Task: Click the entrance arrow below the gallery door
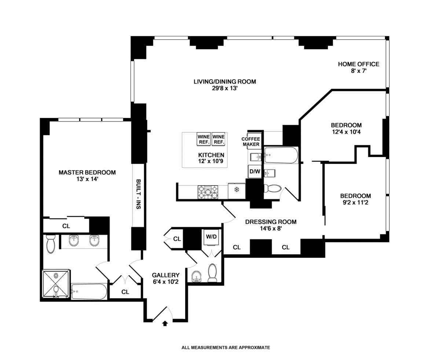pyautogui.click(x=165, y=323)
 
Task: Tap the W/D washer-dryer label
pyautogui.click(x=211, y=237)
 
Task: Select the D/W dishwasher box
pyautogui.click(x=255, y=172)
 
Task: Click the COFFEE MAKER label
pyautogui.click(x=251, y=142)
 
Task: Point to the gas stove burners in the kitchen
pyautogui.click(x=208, y=192)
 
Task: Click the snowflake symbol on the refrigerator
pyautogui.click(x=236, y=190)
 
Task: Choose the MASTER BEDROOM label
pyautogui.click(x=87, y=173)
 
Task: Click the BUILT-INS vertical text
pyautogui.click(x=138, y=194)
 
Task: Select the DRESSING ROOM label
pyautogui.click(x=271, y=222)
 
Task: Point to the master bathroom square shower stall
pyautogui.click(x=56, y=283)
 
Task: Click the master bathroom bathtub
pyautogui.click(x=89, y=291)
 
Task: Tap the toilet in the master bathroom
pyautogui.click(x=51, y=244)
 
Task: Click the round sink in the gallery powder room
pyautogui.click(x=196, y=276)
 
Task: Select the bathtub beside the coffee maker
pyautogui.click(x=281, y=155)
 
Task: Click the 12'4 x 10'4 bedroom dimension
pyautogui.click(x=346, y=132)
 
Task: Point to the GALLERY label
pyautogui.click(x=166, y=275)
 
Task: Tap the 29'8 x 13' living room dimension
pyautogui.click(x=225, y=88)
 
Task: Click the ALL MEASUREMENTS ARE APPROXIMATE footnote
pyautogui.click(x=226, y=348)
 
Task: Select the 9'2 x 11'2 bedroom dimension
pyautogui.click(x=356, y=202)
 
